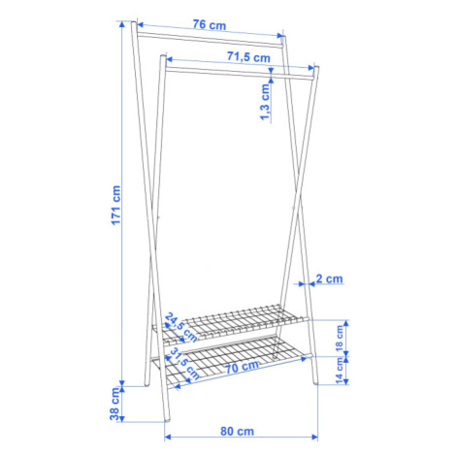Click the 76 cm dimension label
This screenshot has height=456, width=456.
tap(210, 25)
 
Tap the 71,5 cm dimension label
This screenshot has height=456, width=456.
tap(248, 57)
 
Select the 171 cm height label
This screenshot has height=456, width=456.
tap(115, 205)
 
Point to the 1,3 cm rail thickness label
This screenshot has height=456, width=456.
tap(265, 102)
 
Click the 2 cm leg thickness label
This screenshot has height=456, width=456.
tap(329, 278)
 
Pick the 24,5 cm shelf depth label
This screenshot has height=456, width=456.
tap(180, 328)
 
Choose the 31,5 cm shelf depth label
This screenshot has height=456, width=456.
tap(183, 364)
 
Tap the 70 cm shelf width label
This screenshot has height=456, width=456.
tap(242, 367)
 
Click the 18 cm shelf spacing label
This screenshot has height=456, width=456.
tap(340, 339)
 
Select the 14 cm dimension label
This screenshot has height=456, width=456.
tap(340, 371)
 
